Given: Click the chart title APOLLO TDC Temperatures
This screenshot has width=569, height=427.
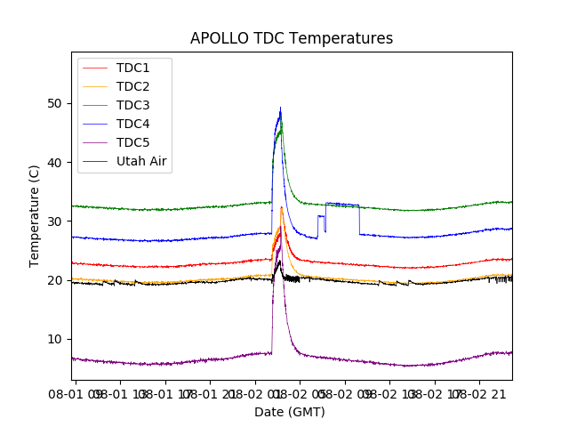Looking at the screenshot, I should [292, 38].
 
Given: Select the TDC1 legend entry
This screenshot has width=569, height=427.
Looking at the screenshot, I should [132, 68].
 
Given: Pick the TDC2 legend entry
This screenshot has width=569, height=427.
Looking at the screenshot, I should [132, 86].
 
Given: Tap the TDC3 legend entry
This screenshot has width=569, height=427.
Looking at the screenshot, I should [132, 105].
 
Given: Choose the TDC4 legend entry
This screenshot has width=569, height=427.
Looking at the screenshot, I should [132, 124].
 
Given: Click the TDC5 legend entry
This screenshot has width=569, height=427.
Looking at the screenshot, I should [132, 142].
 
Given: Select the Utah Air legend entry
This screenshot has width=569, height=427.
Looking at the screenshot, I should [141, 161].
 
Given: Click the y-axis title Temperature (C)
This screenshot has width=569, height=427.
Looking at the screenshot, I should [35, 215].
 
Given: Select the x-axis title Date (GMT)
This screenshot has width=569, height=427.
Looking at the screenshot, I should [290, 412].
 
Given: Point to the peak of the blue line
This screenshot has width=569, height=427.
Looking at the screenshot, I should [280, 110].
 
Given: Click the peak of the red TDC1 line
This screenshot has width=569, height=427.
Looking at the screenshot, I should [282, 208].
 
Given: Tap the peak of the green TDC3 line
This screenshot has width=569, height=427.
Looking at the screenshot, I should [281, 131].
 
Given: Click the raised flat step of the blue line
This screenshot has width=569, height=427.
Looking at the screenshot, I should [342, 205].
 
